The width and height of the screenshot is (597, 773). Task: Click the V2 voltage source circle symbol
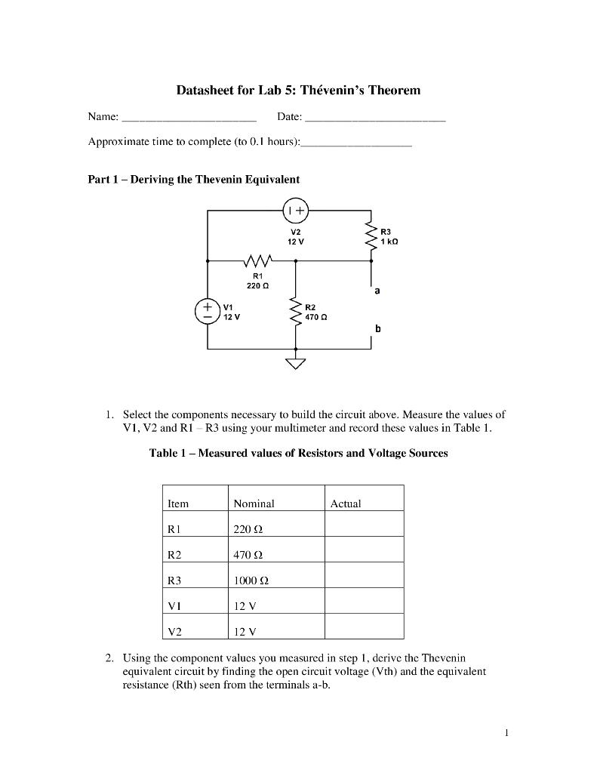[x=296, y=210]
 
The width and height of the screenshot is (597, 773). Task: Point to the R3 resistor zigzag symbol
[x=371, y=236]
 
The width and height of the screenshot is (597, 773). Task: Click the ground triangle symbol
[x=296, y=365]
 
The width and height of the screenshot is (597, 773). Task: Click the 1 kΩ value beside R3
[x=389, y=241]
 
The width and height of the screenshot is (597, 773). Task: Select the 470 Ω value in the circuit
[x=315, y=317]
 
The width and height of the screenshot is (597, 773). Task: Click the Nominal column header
[x=254, y=504]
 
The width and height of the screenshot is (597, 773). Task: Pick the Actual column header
[x=346, y=504]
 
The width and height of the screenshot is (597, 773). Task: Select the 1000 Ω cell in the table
[x=251, y=581]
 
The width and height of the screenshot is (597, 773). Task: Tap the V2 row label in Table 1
[x=175, y=632]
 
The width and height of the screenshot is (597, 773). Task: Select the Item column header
[x=178, y=504]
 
